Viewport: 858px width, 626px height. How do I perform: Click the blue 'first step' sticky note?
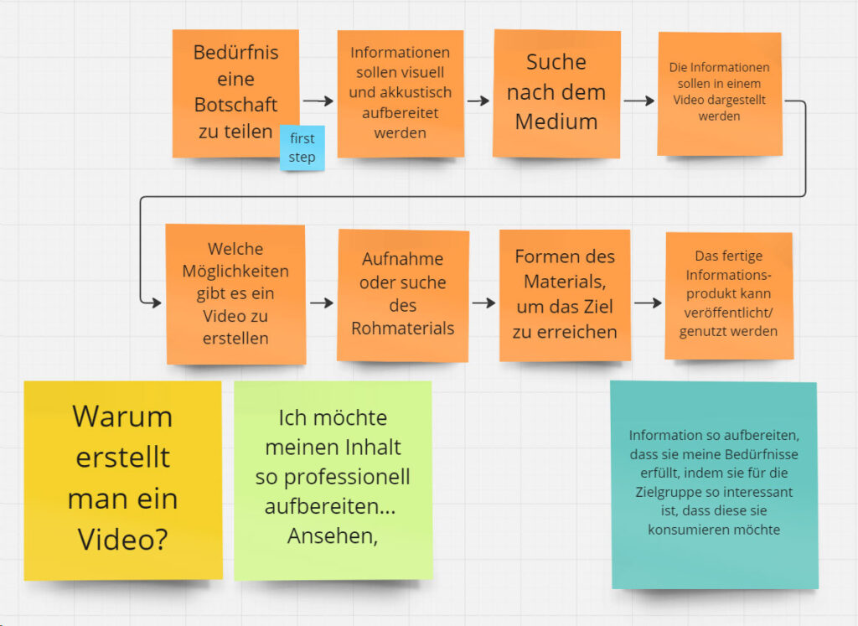(x=302, y=148)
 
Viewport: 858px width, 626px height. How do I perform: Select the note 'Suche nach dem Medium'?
(x=556, y=93)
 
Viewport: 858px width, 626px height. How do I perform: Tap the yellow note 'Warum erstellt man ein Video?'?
(x=122, y=479)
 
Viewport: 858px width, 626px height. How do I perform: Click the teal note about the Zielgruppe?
(x=713, y=484)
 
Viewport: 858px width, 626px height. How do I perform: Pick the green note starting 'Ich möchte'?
(x=333, y=479)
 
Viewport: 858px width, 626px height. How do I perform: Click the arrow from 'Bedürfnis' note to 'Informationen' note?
(x=318, y=101)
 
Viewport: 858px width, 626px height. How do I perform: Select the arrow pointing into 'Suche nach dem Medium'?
(x=478, y=101)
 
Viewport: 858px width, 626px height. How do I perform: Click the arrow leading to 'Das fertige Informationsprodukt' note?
(x=647, y=303)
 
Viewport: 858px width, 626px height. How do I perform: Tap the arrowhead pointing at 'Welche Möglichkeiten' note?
(x=154, y=302)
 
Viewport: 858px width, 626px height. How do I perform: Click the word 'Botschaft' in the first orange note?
(x=235, y=106)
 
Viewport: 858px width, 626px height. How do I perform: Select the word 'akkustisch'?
(x=401, y=93)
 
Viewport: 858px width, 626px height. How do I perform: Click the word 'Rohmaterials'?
(x=403, y=328)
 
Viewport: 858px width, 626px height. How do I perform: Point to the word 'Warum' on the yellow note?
(x=122, y=416)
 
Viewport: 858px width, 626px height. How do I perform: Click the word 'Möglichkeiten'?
(x=235, y=272)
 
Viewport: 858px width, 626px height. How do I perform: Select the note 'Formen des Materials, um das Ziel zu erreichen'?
(x=565, y=294)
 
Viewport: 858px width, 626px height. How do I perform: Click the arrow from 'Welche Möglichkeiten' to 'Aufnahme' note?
(x=321, y=302)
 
